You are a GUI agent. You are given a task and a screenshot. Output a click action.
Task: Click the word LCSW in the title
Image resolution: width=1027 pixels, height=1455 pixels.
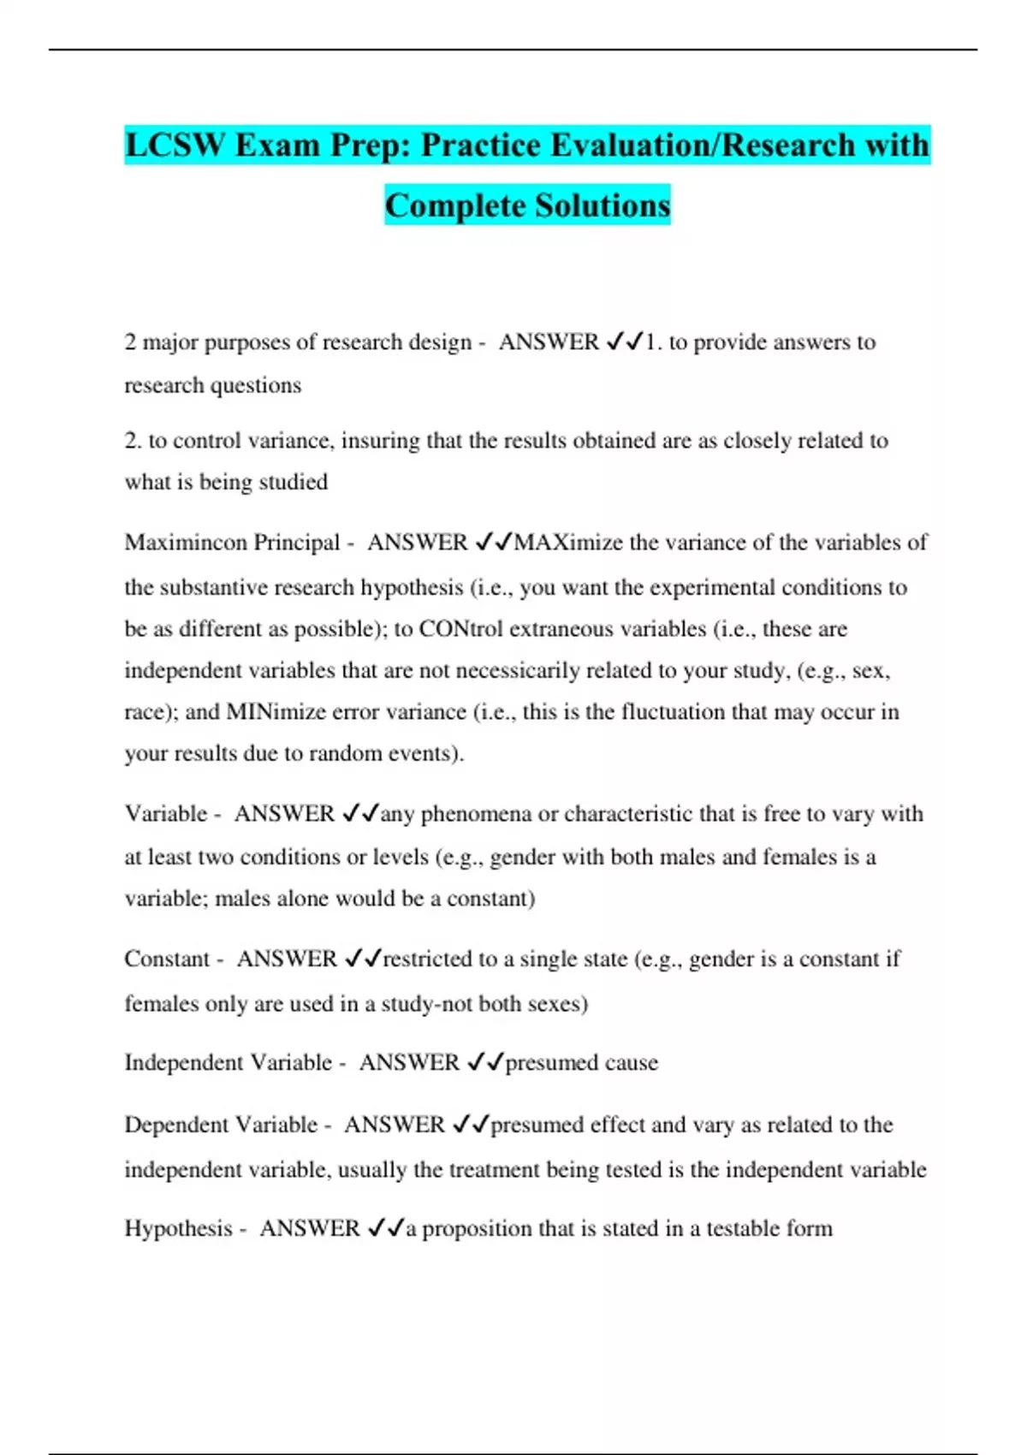[x=174, y=145]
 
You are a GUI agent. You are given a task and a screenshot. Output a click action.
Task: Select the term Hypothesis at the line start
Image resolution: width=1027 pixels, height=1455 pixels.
[x=178, y=1229]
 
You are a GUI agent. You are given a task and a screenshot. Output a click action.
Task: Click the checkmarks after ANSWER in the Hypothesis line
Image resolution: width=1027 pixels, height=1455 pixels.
[x=385, y=1229]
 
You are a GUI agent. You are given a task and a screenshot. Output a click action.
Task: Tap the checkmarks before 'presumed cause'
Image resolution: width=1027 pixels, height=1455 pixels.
[x=485, y=1063]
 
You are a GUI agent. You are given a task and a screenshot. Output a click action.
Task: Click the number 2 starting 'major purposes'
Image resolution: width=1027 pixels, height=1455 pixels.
[x=130, y=342]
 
